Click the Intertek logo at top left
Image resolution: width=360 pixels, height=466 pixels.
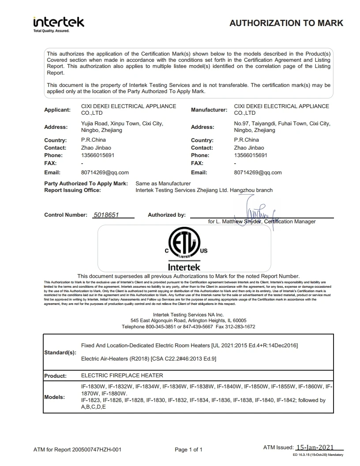tap(59, 22)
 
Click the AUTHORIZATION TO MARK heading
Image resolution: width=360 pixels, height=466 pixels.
tap(286, 23)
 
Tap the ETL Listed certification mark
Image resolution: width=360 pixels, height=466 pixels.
tap(184, 246)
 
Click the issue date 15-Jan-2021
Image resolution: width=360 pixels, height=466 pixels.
tap(315, 447)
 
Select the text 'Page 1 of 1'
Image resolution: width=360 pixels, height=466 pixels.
tap(188, 450)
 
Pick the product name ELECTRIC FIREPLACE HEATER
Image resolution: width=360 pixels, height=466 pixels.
tap(122, 376)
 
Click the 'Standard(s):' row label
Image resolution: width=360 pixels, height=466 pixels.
tap(60, 353)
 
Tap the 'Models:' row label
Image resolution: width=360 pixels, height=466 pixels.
tap(55, 397)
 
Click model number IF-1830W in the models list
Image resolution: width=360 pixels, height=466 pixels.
tap(94, 387)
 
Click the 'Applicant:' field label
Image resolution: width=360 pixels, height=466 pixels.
tap(57, 109)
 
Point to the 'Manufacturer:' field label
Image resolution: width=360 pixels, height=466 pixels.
tap(209, 109)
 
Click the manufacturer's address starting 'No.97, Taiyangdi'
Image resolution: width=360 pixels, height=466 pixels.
tap(282, 127)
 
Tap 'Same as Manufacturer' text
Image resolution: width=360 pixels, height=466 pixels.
tap(163, 183)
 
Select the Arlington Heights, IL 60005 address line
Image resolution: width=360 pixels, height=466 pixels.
tap(188, 320)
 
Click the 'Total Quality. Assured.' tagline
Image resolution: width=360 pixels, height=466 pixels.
tap(52, 31)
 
